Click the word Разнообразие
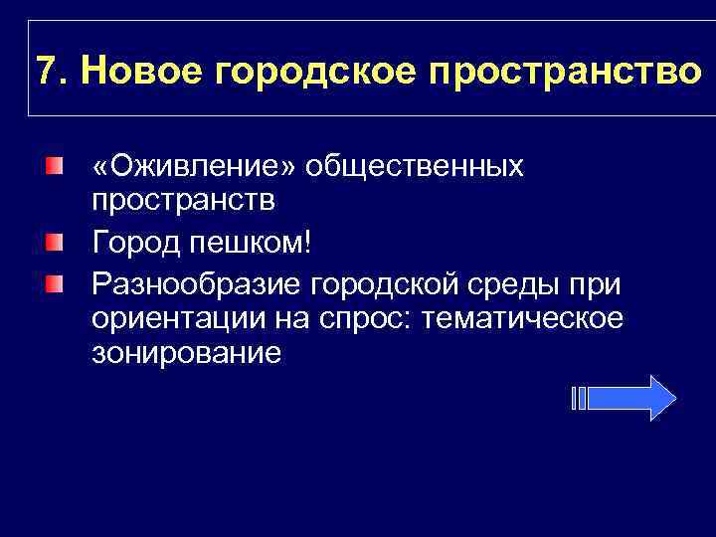[x=195, y=283]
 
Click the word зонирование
[x=186, y=353]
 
